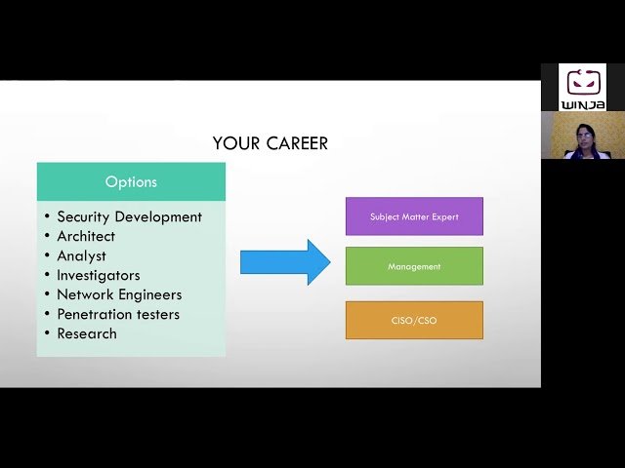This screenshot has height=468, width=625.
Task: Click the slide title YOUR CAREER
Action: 271,143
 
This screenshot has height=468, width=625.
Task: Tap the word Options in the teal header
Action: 131,182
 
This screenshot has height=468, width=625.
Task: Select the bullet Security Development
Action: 129,216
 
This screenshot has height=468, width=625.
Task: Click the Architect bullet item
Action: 86,236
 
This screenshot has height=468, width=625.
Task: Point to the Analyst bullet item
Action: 81,255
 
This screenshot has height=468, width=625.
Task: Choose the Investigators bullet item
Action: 98,275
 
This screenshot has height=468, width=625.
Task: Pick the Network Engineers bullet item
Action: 119,294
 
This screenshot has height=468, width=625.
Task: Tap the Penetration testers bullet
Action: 118,314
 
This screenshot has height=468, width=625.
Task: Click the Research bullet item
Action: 87,333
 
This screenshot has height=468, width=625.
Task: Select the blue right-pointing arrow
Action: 285,262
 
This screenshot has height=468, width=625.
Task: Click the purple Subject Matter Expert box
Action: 414,216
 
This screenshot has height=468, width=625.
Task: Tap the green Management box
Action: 414,266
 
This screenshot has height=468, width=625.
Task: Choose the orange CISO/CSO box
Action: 414,321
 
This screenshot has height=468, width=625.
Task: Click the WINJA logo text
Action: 583,103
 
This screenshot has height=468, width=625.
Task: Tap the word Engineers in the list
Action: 148,294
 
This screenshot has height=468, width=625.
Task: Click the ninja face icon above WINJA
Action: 583,82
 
